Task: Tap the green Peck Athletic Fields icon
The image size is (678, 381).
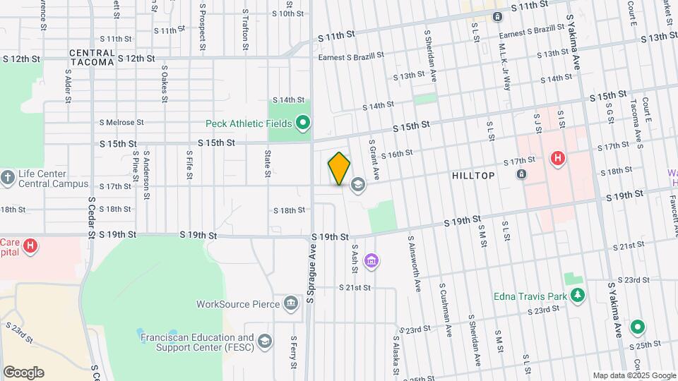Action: coord(303,124)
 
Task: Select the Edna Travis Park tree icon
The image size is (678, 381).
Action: coord(578,296)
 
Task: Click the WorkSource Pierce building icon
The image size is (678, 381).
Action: coord(290,304)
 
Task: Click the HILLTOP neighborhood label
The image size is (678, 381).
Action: coord(473,175)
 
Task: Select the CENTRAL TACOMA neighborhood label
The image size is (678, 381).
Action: coord(92,57)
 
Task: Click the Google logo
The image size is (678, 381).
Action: coord(23,373)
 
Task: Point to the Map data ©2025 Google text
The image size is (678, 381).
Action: coord(633,375)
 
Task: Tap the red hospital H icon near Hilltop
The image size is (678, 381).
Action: coord(557,158)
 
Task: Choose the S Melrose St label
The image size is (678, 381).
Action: coord(121,123)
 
